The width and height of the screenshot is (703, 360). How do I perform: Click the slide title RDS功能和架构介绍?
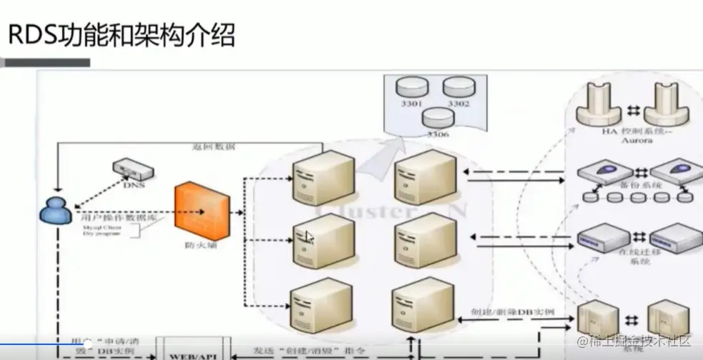click(121, 34)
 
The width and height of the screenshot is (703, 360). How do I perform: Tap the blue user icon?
click(53, 210)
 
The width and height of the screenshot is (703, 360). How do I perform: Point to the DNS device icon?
click(132, 170)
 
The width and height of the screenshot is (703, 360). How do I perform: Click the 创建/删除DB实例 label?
click(513, 314)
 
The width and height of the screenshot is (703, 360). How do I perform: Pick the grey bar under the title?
click(47, 62)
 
